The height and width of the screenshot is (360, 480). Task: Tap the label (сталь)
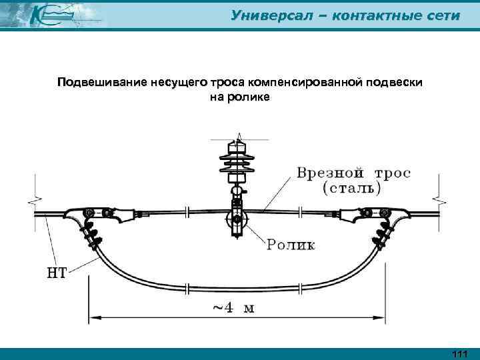(351, 188)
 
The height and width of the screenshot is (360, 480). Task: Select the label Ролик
(291, 245)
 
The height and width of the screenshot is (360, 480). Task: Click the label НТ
(56, 272)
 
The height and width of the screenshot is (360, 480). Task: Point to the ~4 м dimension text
(237, 309)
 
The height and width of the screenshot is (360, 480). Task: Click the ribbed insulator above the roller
(235, 163)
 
